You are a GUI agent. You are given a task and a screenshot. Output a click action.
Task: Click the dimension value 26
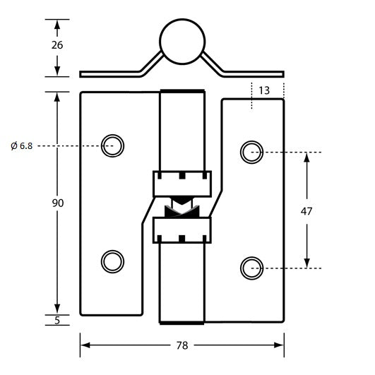coord(57,44)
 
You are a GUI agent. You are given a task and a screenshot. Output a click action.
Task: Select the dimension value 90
coord(58,203)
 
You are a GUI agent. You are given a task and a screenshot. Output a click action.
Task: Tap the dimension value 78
coord(182,345)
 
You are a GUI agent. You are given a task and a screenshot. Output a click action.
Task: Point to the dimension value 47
coord(306,210)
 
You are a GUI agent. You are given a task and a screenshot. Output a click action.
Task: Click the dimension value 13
coord(264,90)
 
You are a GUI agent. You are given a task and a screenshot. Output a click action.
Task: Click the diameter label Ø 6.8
coord(21,145)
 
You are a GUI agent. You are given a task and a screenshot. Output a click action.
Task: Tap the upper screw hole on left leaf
coord(112,145)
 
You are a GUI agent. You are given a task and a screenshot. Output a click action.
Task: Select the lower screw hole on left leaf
coord(112,261)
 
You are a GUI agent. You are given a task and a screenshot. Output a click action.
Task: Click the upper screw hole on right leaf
coord(251,151)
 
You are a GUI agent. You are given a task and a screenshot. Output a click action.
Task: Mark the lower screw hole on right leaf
coord(251,268)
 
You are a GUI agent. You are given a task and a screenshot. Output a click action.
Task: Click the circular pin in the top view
coord(181,40)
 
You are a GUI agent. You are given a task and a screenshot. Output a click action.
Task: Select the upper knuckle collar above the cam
coord(181,184)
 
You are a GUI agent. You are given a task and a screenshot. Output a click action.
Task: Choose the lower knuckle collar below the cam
coord(181,230)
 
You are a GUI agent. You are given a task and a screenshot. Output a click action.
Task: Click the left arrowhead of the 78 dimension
coord(85,345)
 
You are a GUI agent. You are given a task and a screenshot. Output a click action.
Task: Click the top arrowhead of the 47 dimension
coord(306,157)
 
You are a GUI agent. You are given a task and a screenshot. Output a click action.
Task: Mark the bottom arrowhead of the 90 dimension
coord(57,310)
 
